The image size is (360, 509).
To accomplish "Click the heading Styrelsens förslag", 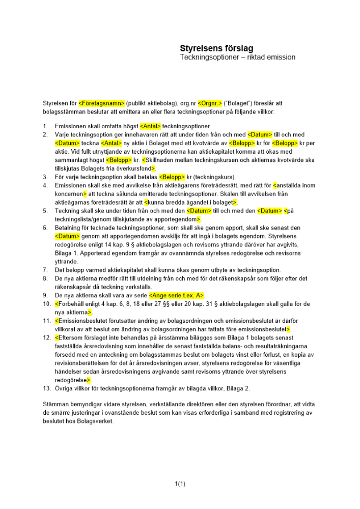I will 216,48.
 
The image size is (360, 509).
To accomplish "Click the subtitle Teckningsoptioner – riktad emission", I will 237,58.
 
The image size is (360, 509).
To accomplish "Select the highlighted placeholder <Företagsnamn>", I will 102,103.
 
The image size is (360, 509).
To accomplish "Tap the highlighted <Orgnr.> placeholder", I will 210,103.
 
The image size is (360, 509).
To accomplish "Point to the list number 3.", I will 45,177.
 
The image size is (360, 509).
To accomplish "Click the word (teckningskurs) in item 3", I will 215,177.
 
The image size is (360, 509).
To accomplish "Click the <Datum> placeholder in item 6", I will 67,236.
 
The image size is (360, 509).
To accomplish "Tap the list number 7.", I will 45,270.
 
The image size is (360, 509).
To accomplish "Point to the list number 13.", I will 46,388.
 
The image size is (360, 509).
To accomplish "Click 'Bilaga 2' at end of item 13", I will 239,388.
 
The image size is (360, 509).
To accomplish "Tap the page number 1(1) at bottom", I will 180,484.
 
